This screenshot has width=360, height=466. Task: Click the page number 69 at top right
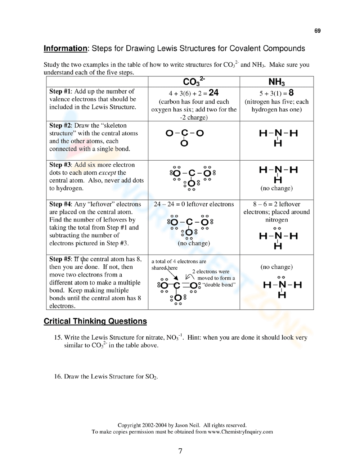[x=317, y=31]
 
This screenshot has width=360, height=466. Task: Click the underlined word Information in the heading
[x=65, y=49]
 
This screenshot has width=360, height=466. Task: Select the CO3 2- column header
[x=194, y=81]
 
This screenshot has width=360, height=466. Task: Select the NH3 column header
[x=276, y=82]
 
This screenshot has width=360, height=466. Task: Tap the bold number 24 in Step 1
[x=213, y=93]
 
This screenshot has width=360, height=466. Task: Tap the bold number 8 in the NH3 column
[x=291, y=93]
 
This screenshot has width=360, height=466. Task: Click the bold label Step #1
[x=60, y=91]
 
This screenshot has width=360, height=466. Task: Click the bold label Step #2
[x=60, y=126]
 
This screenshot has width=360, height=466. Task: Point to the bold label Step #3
[x=60, y=165]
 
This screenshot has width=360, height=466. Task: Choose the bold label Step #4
[x=60, y=204]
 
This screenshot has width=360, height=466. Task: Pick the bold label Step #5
[x=60, y=259]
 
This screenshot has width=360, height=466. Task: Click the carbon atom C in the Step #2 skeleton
[x=185, y=133]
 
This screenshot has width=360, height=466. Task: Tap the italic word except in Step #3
[x=107, y=173]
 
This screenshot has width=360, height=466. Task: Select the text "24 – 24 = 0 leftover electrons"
[x=194, y=204]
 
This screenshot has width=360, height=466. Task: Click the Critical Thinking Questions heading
[x=95, y=321]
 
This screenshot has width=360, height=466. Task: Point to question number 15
[x=58, y=337]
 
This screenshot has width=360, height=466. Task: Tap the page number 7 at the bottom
[x=180, y=451]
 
